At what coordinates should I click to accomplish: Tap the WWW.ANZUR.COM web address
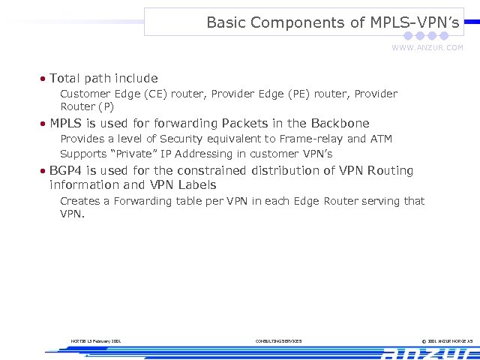pos(427,48)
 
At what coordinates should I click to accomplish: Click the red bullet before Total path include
pos(44,79)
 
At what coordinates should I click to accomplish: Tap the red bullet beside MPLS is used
pos(44,124)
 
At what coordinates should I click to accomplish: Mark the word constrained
pos(210,170)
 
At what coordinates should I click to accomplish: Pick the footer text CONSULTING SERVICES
pos(278,341)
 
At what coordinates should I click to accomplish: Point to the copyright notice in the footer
pos(442,341)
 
